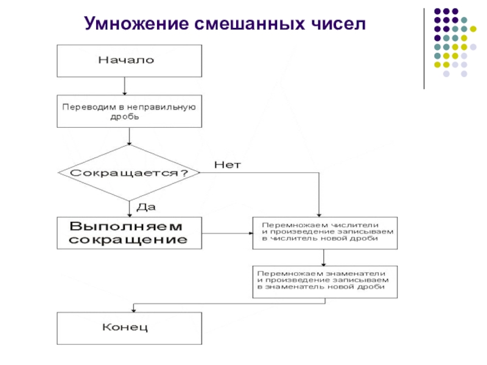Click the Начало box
129,60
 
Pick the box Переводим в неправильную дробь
129,111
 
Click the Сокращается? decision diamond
129,173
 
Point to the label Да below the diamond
146,207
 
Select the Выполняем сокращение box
129,233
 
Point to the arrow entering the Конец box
133,307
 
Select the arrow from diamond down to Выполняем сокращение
129,209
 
